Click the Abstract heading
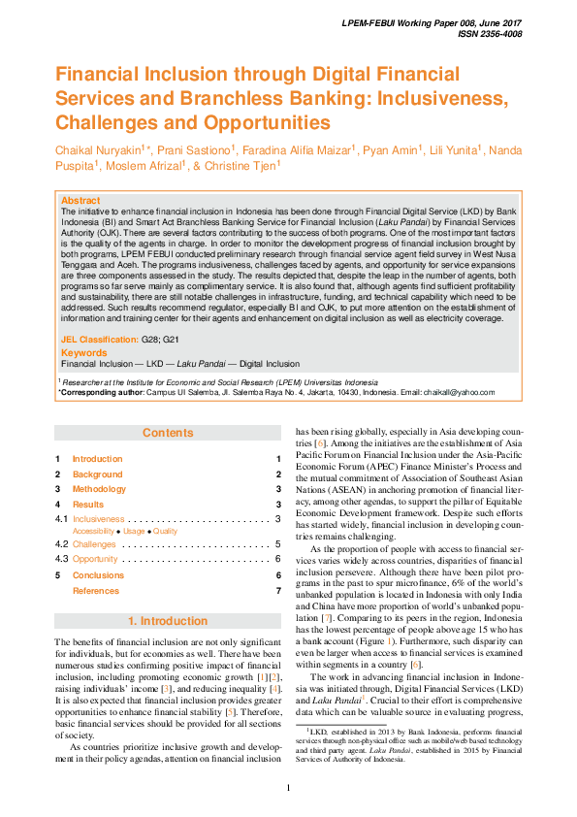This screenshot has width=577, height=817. point(80,200)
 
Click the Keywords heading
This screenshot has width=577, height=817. point(83,353)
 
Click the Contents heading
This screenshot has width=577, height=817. point(168,433)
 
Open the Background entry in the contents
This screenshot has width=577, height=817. point(97,474)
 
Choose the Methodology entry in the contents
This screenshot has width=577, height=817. point(99,489)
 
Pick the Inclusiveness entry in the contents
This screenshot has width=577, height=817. point(98,520)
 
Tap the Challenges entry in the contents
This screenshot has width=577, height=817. point(94,544)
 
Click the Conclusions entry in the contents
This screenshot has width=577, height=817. point(98,575)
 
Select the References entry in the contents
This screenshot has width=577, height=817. point(96,591)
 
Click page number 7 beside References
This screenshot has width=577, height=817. point(277,591)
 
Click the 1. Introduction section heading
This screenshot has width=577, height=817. point(168,621)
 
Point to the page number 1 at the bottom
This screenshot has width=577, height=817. point(288,786)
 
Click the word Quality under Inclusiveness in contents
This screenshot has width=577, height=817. point(165,532)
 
